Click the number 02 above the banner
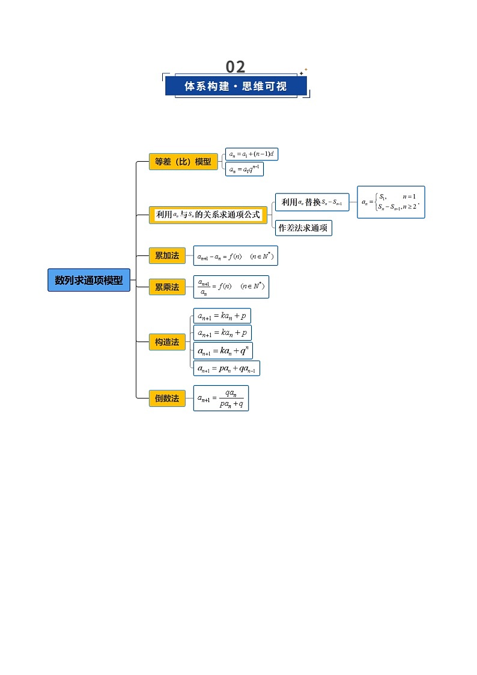[x=235, y=67]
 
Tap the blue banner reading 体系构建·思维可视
[x=235, y=86]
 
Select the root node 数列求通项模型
[x=89, y=280]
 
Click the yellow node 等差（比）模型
[x=183, y=162]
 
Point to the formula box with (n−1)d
[x=252, y=154]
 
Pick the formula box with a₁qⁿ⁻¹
[x=244, y=170]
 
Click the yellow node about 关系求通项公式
[x=208, y=215]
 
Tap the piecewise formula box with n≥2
[x=390, y=202]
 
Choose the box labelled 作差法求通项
[x=303, y=228]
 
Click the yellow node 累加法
[x=167, y=255]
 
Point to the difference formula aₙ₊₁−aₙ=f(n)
[x=235, y=256]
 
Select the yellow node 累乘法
[x=167, y=287]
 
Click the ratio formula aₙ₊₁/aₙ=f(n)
[x=231, y=287]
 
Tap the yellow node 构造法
[x=167, y=342]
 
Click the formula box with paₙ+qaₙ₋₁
[x=227, y=368]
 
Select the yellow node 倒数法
[x=167, y=398]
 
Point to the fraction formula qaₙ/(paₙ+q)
[x=221, y=399]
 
